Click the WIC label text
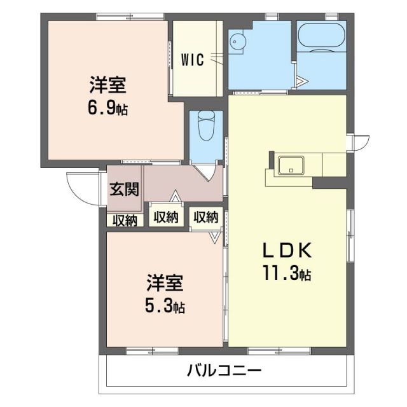click(x=192, y=60)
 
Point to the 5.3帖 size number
click(x=164, y=307)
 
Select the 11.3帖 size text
click(x=286, y=275)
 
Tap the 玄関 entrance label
click(x=124, y=190)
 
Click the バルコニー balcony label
click(x=224, y=370)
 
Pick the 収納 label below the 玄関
click(x=124, y=220)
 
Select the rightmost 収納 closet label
click(x=205, y=217)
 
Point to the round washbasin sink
click(x=237, y=40)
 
